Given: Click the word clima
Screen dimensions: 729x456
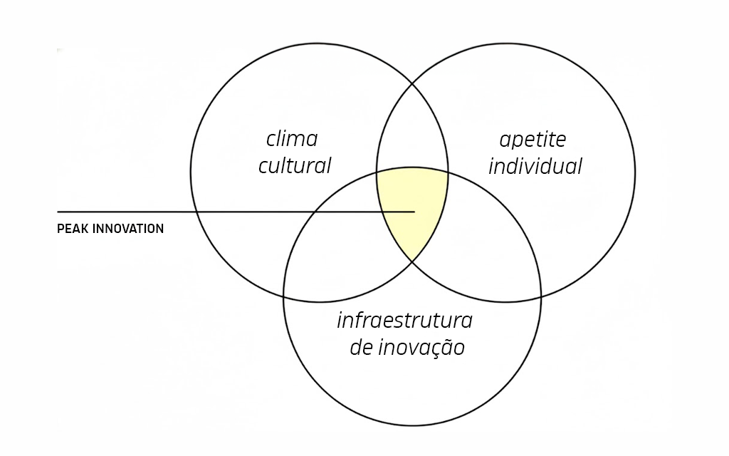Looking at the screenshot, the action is (292, 139).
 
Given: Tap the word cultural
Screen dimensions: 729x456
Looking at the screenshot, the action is (295, 166).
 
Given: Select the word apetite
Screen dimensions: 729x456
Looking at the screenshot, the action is (533, 140).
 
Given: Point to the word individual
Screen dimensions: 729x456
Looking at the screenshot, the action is (535, 166).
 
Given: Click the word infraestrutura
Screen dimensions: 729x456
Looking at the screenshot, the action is (404, 320).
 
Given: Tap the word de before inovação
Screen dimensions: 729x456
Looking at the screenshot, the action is (361, 348).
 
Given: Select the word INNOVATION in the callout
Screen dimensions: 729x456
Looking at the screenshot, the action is (128, 229).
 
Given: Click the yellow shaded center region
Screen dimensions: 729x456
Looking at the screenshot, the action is (412, 204).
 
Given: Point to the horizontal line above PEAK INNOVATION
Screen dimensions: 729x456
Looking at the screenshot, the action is (236, 212).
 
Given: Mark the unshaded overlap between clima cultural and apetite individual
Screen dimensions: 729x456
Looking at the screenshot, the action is (412, 130).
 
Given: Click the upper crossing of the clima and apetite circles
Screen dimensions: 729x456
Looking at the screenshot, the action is (413, 84).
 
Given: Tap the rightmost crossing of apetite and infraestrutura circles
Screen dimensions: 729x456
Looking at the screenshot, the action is (541, 296).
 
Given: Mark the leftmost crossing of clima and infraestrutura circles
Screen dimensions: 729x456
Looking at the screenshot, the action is (284, 296).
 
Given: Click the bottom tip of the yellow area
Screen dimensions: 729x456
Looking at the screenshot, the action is (412, 261).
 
